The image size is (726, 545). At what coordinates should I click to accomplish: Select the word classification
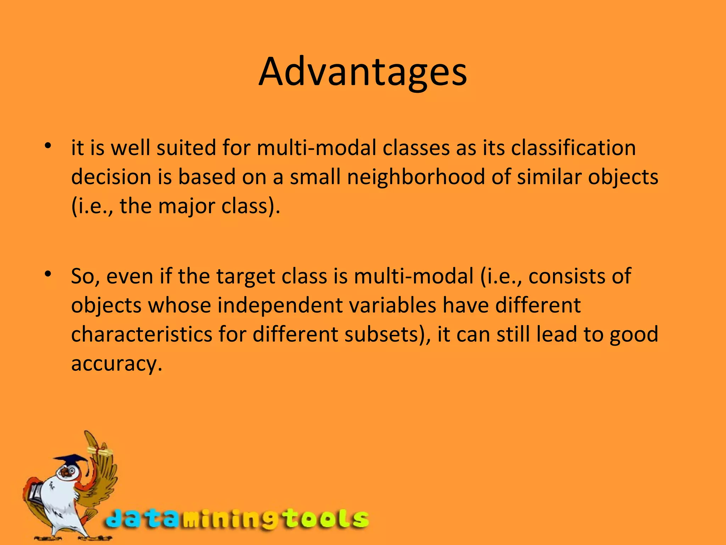click(x=573, y=148)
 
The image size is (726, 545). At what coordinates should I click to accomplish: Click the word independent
click(x=280, y=305)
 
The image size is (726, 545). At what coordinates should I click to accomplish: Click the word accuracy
click(x=116, y=364)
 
